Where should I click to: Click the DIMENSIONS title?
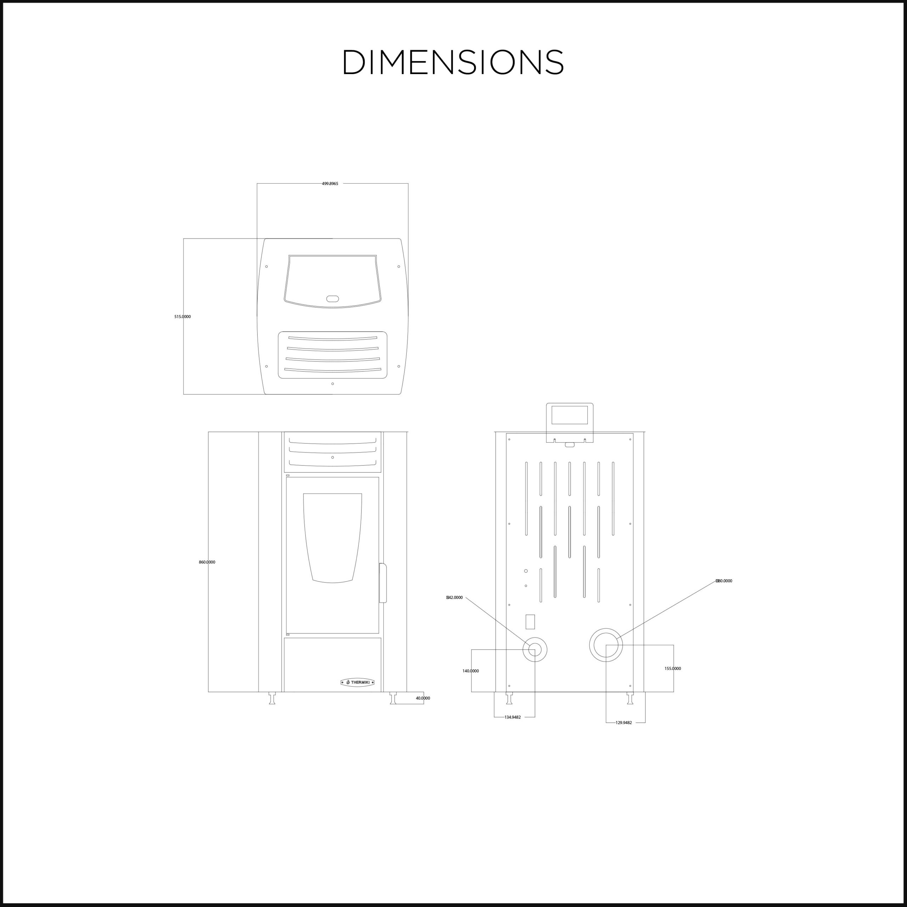(x=453, y=62)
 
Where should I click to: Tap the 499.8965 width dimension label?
(x=330, y=184)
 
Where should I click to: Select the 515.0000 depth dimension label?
(x=182, y=317)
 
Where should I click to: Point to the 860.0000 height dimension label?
(x=207, y=562)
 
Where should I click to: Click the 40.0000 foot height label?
(x=423, y=698)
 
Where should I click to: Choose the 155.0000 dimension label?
(x=673, y=669)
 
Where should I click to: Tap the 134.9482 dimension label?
(x=513, y=717)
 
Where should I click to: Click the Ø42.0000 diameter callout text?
(x=455, y=598)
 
